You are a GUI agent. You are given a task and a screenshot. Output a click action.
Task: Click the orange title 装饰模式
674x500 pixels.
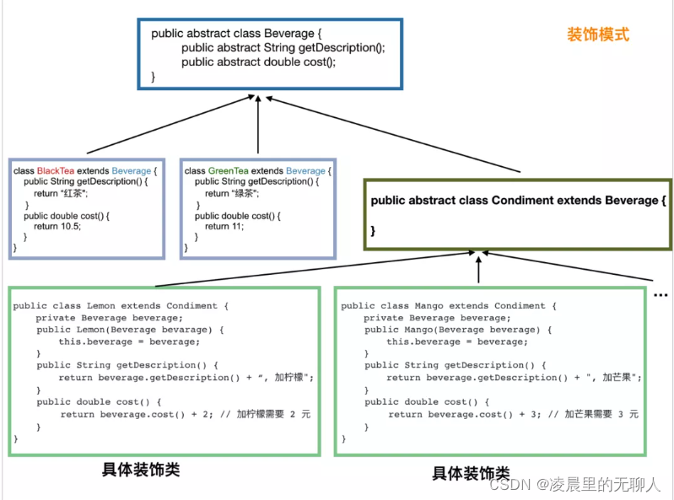[598, 35]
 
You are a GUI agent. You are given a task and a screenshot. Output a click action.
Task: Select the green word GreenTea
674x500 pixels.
[227, 170]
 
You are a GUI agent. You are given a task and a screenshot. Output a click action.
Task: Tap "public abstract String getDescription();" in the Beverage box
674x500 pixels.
[283, 48]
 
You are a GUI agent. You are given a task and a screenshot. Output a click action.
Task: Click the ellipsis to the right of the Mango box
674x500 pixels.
[661, 293]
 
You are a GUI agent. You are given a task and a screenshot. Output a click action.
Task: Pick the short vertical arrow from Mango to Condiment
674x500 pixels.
[478, 269]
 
